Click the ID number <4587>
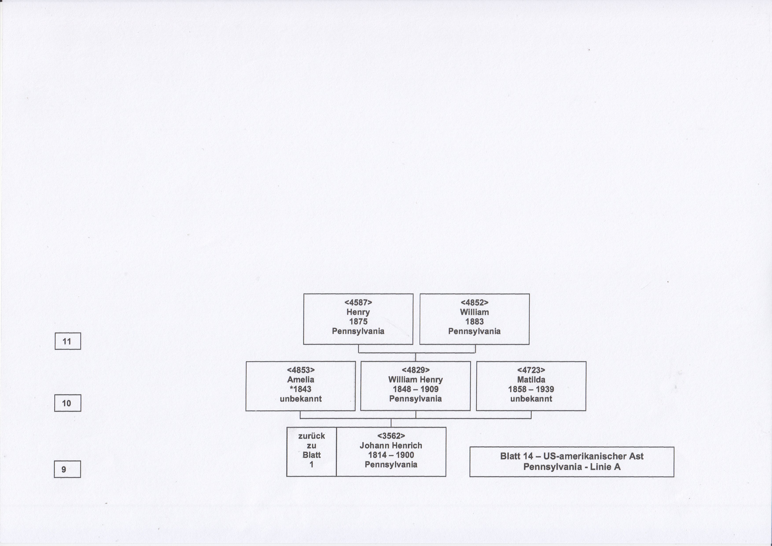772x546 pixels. (358, 303)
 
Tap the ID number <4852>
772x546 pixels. (474, 303)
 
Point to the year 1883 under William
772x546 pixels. (474, 321)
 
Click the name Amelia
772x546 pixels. (301, 380)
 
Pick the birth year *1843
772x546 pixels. (301, 389)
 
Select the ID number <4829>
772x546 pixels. (416, 370)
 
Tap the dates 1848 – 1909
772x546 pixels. (416, 389)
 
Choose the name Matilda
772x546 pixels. (531, 380)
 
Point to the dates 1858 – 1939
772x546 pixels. (531, 389)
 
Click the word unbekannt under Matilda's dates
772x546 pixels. (531, 399)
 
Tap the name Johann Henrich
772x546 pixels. (391, 445)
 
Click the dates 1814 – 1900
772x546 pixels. (391, 455)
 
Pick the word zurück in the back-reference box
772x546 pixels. (312, 436)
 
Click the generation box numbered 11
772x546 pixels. (68, 341)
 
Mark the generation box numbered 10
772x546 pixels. (68, 403)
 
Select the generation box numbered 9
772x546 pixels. (67, 469)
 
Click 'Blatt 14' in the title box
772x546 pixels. (517, 456)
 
